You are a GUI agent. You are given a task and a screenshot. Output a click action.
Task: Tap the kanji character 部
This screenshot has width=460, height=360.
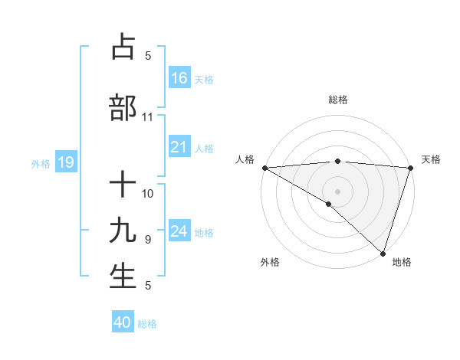tap(123, 107)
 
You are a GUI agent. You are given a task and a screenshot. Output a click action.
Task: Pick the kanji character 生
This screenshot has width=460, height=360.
tap(123, 276)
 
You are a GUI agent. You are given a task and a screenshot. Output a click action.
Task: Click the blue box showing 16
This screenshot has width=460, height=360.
tap(179, 77)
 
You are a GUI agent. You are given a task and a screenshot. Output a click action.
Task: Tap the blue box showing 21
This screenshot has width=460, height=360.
tap(179, 147)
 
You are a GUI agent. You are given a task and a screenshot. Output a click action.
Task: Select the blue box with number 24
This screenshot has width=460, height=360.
tap(179, 231)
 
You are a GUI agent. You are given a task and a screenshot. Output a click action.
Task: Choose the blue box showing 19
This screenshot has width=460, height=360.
tap(65, 162)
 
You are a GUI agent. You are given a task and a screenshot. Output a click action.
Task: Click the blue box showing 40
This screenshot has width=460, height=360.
tap(123, 322)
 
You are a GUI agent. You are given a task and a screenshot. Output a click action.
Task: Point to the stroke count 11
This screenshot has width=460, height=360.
tap(147, 117)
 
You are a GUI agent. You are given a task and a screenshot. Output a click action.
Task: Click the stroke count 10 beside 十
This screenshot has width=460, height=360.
tap(148, 194)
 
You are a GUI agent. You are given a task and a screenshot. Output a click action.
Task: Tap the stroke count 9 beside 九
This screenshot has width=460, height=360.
tap(148, 240)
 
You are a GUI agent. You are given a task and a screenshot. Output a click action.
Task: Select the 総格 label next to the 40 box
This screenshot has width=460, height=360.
tap(148, 324)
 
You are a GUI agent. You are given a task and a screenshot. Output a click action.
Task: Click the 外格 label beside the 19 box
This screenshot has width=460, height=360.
tap(41, 163)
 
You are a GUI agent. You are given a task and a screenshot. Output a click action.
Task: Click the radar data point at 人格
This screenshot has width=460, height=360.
tap(264, 168)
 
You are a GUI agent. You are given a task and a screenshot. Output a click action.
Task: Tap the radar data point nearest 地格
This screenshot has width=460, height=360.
tap(381, 253)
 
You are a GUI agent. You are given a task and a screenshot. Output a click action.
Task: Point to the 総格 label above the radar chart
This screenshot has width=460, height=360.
tap(338, 100)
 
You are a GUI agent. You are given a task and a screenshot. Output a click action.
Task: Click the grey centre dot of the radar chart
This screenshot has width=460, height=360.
tap(337, 191)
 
